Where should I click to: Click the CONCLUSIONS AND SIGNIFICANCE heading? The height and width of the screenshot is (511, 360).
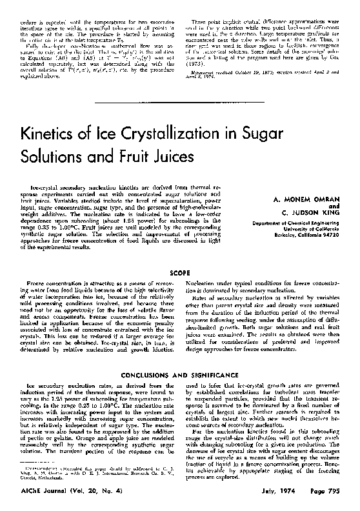tap(179, 374)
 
